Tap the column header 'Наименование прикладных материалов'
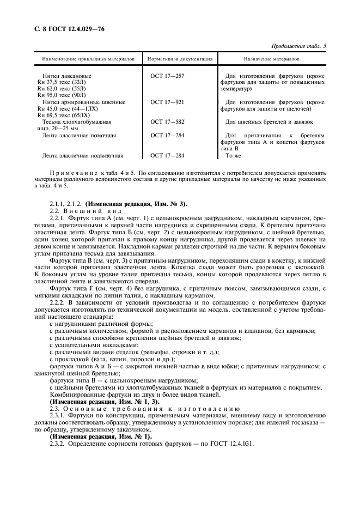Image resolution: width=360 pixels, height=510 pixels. coord(86,58)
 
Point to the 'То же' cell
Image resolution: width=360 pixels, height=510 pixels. coord(233,155)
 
